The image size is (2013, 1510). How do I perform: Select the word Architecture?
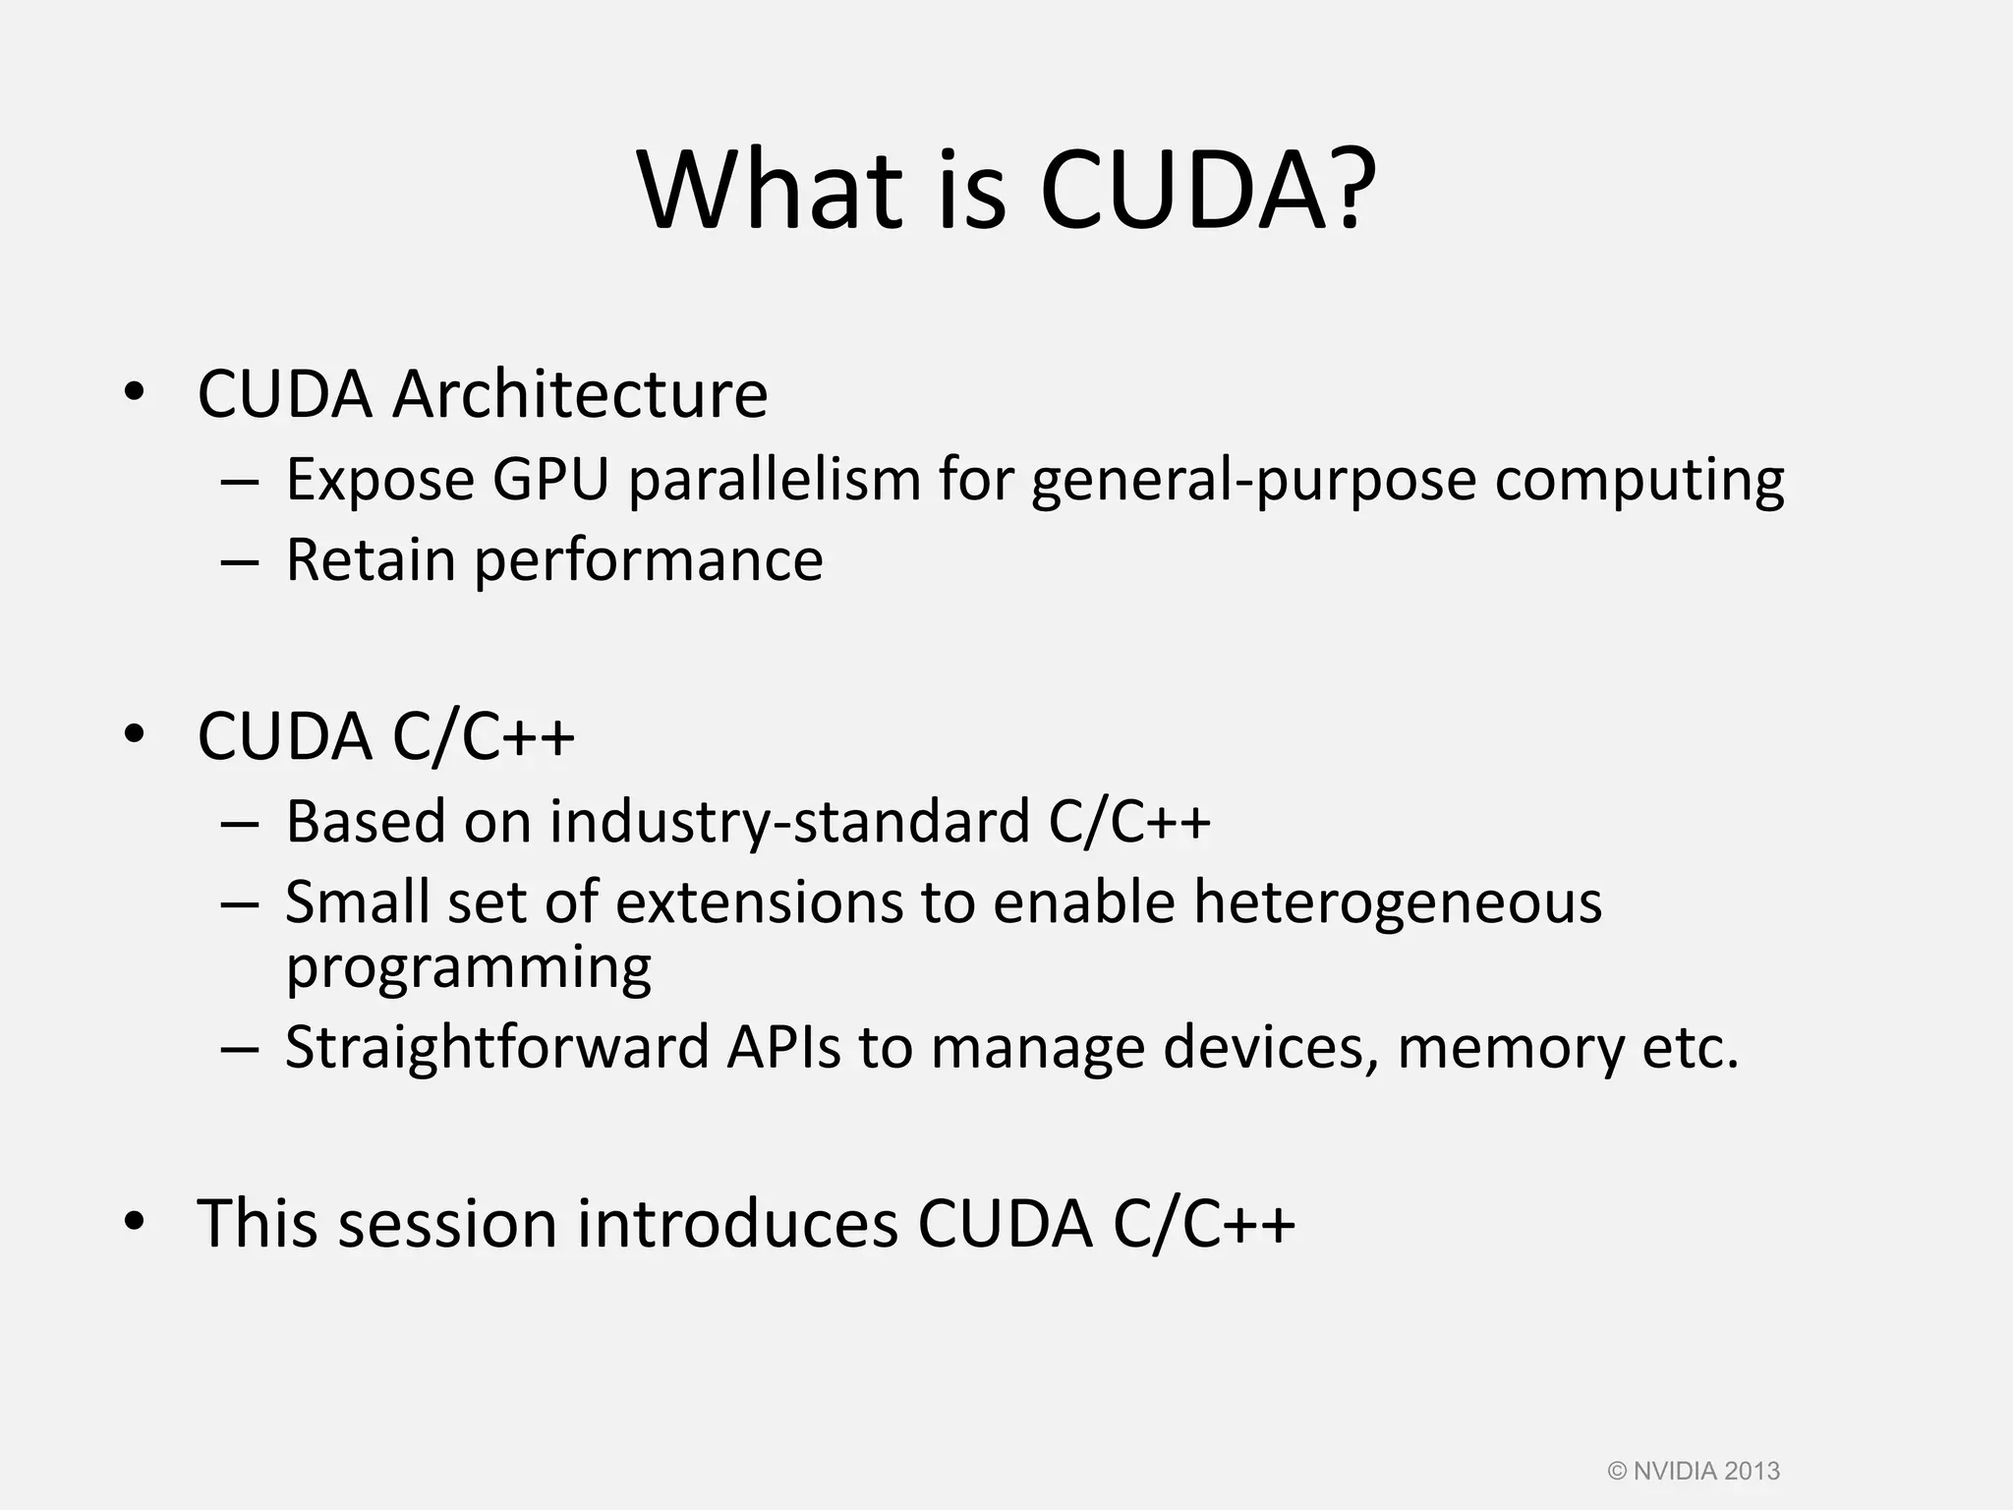pyautogui.click(x=580, y=394)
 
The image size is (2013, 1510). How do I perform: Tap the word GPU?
pyautogui.click(x=550, y=480)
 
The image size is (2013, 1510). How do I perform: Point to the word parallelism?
pyautogui.click(x=775, y=480)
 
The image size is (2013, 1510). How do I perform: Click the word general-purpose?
pyautogui.click(x=1253, y=482)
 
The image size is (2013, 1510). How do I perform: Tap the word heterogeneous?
pyautogui.click(x=1397, y=902)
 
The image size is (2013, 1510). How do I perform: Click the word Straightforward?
pyautogui.click(x=496, y=1048)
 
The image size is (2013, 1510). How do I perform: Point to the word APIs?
pyautogui.click(x=783, y=1047)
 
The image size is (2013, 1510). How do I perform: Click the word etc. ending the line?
pyautogui.click(x=1691, y=1048)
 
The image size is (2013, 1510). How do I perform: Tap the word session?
pyautogui.click(x=447, y=1224)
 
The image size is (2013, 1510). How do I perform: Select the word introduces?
pyautogui.click(x=737, y=1224)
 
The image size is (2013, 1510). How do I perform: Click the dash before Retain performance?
pyautogui.click(x=240, y=561)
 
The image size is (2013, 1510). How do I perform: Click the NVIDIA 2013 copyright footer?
pyautogui.click(x=1694, y=1471)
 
